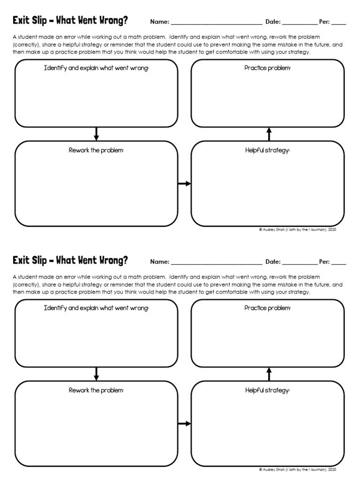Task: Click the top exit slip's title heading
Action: pos(70,21)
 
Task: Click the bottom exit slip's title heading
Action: pos(70,261)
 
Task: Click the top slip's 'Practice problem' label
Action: pos(268,68)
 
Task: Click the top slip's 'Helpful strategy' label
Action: pos(268,150)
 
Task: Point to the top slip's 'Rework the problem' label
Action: pos(96,150)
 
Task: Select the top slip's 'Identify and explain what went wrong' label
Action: pos(96,68)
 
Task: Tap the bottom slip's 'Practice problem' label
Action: pos(268,308)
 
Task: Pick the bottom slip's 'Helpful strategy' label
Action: pos(268,390)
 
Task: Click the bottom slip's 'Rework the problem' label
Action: pos(96,390)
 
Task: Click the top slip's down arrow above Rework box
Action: pos(97,134)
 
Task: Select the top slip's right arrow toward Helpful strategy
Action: pos(184,184)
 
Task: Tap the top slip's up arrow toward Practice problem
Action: pos(269,134)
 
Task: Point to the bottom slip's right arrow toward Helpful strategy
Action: pos(184,424)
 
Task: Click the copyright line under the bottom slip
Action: pos(297,470)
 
